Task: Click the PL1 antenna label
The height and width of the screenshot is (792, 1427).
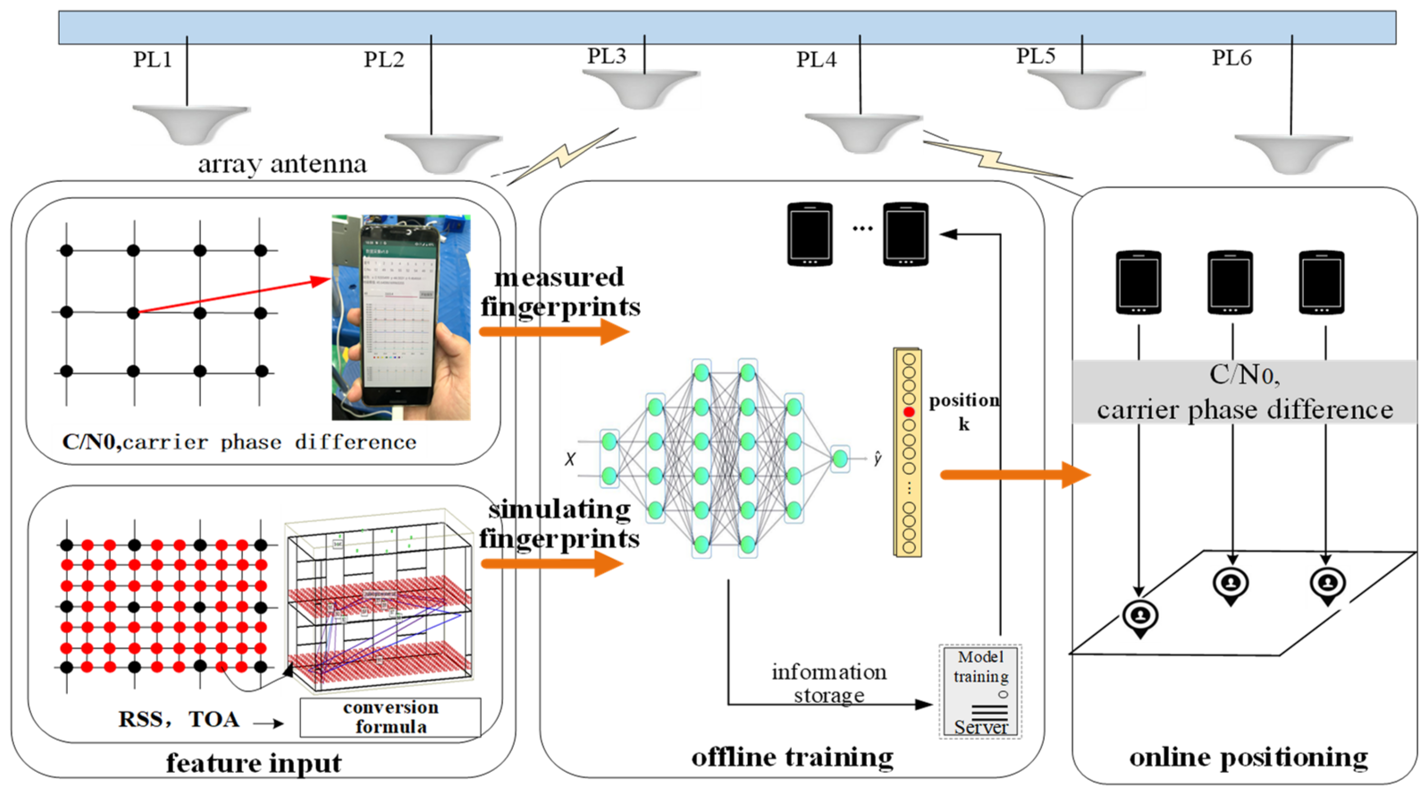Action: (152, 59)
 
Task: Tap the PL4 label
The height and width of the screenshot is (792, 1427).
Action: (816, 59)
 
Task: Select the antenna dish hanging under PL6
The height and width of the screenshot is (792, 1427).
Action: (1293, 153)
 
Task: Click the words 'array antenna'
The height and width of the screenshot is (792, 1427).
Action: (282, 164)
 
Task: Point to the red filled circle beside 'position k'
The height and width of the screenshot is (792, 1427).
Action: (908, 412)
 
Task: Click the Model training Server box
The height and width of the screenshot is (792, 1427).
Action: (980, 691)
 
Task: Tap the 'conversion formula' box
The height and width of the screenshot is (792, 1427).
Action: (390, 717)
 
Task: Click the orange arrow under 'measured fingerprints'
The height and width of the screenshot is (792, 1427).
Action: (554, 332)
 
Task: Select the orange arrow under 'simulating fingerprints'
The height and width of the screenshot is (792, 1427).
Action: (552, 564)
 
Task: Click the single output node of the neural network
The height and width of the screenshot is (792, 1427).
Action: (840, 458)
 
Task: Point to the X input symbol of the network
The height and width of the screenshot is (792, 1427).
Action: (570, 459)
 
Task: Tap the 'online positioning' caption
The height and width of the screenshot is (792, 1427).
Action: (1248, 757)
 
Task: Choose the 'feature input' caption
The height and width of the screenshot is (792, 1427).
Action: (254, 763)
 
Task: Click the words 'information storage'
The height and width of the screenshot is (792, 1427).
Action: (829, 683)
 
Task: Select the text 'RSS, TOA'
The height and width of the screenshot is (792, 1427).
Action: (179, 719)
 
